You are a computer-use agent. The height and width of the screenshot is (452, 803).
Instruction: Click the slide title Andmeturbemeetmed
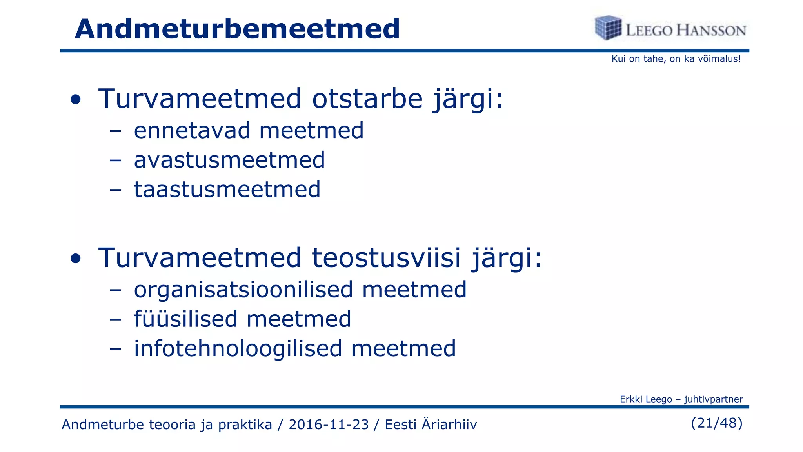(237, 29)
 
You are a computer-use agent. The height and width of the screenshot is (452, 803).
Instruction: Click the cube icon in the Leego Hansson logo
(608, 27)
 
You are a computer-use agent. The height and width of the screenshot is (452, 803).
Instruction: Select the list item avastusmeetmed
(229, 160)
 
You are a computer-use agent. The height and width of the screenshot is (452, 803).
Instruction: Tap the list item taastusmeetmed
(227, 190)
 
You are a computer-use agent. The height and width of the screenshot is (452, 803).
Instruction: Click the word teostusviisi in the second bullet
(386, 258)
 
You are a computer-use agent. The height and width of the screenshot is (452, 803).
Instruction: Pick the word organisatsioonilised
(243, 290)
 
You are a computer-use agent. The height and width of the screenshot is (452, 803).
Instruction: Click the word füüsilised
(186, 319)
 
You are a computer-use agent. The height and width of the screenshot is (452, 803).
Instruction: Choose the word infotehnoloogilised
(238, 349)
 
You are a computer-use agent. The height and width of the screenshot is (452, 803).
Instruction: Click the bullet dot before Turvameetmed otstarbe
(76, 100)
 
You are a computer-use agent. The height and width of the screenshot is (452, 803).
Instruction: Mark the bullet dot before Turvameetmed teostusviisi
(76, 259)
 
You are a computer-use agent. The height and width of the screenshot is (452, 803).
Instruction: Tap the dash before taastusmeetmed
(115, 190)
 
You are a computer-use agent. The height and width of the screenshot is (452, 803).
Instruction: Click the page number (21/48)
(716, 423)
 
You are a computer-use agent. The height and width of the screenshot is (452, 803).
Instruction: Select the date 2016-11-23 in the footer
(329, 425)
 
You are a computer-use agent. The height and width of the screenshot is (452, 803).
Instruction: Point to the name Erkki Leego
(646, 399)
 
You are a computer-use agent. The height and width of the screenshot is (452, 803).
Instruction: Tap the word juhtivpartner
(713, 399)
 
